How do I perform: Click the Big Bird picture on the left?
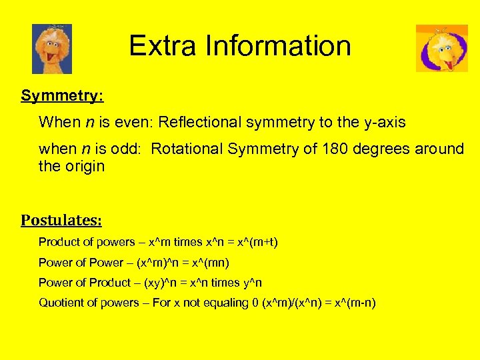52,49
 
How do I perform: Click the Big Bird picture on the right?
441,48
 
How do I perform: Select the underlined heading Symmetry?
61,96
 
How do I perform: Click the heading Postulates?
61,220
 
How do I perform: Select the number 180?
333,148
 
